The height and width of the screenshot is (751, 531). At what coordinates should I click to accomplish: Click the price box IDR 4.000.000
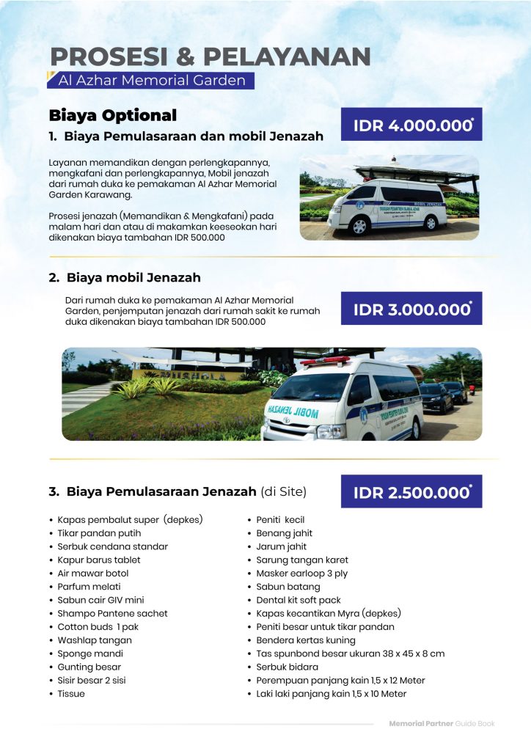point(411,125)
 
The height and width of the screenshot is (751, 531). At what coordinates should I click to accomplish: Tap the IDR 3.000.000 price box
point(411,309)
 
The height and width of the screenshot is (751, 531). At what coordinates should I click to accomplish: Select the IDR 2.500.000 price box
point(411,492)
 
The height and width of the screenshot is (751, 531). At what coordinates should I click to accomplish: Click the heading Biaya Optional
point(112,116)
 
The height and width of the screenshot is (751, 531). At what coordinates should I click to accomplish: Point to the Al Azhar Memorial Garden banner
point(151,80)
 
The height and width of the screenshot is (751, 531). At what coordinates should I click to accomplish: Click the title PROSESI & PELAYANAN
point(210,57)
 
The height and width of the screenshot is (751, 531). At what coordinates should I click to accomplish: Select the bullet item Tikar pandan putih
point(99,533)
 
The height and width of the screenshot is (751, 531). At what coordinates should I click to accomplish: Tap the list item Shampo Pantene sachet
point(112,613)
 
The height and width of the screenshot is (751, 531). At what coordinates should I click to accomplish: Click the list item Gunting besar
point(89,667)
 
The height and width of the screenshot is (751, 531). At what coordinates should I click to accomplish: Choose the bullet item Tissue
point(71,694)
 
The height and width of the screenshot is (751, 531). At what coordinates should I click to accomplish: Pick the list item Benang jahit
point(284,533)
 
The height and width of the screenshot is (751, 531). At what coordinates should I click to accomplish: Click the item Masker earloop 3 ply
point(301,574)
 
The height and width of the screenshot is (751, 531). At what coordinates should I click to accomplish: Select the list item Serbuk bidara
point(287,667)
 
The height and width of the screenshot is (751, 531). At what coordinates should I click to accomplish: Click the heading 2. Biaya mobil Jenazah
point(125,278)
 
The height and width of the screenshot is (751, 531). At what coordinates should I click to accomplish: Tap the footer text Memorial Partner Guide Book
point(442,723)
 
